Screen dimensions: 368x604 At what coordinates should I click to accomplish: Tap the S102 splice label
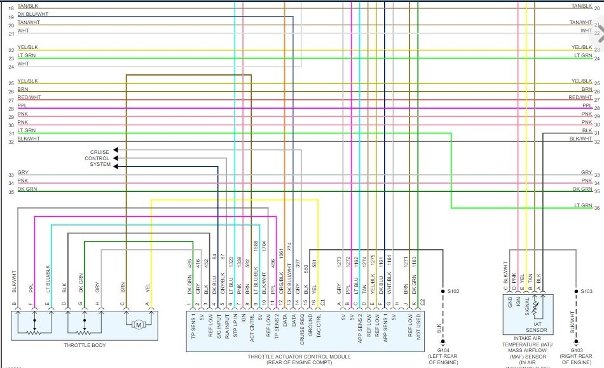(453, 291)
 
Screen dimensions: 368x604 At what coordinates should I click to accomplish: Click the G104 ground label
(443, 350)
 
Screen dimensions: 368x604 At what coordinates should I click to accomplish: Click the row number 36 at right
(597, 207)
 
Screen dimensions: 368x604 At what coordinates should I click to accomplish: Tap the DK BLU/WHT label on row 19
(32, 14)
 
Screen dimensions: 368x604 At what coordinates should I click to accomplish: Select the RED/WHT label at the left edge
(29, 98)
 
